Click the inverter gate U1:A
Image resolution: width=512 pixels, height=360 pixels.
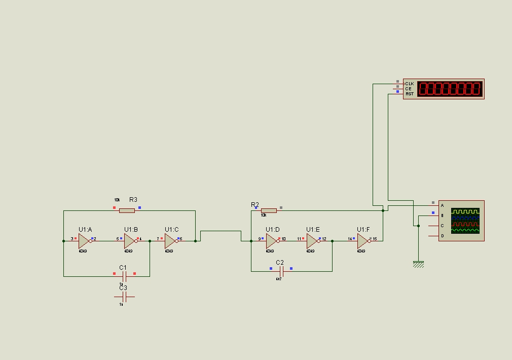pyautogui.click(x=84, y=241)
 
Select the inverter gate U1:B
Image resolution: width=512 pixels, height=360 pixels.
pyautogui.click(x=130, y=241)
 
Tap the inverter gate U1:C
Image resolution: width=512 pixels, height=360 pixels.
pyautogui.click(x=170, y=241)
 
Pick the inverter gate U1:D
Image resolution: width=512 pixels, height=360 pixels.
pyautogui.click(x=272, y=241)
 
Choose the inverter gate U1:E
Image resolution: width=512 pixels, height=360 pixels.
pyautogui.click(x=312, y=241)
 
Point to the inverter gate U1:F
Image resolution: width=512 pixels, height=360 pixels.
pyautogui.click(x=363, y=241)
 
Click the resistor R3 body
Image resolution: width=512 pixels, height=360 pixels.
pyautogui.click(x=127, y=210)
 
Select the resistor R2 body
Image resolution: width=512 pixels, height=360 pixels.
pyautogui.click(x=269, y=210)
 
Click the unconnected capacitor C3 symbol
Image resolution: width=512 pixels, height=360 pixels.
pyautogui.click(x=124, y=297)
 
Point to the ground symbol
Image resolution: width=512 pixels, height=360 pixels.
pyautogui.click(x=418, y=264)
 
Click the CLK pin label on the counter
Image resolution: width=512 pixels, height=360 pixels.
pyautogui.click(x=410, y=84)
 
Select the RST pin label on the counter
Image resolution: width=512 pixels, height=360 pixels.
pyautogui.click(x=410, y=94)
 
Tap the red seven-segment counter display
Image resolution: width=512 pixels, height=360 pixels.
pyautogui.click(x=449, y=89)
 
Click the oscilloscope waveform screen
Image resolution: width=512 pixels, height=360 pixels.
pyautogui.click(x=465, y=220)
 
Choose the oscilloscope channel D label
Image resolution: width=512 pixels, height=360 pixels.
pyautogui.click(x=442, y=236)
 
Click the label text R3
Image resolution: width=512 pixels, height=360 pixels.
pyautogui.click(x=133, y=200)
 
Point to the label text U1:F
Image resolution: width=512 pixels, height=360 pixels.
pyautogui.click(x=363, y=230)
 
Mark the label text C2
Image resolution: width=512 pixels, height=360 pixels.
pyautogui.click(x=280, y=263)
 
